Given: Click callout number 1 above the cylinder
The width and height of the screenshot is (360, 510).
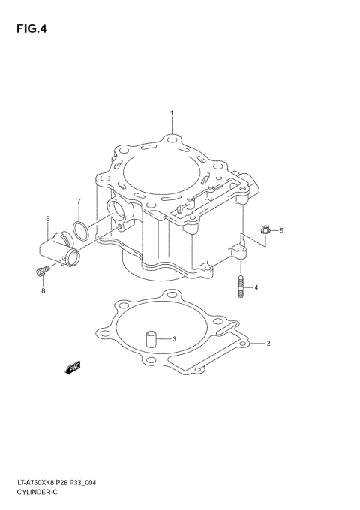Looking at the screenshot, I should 172,113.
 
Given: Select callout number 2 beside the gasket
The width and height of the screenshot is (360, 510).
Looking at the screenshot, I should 268,343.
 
